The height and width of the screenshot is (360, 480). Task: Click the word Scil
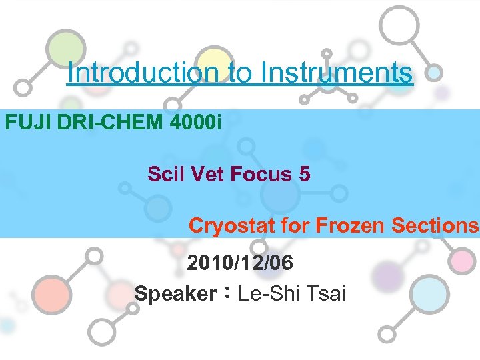[167, 175]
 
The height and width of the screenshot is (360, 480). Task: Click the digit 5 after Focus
[305, 175]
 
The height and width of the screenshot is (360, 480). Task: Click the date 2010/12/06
[240, 263]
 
